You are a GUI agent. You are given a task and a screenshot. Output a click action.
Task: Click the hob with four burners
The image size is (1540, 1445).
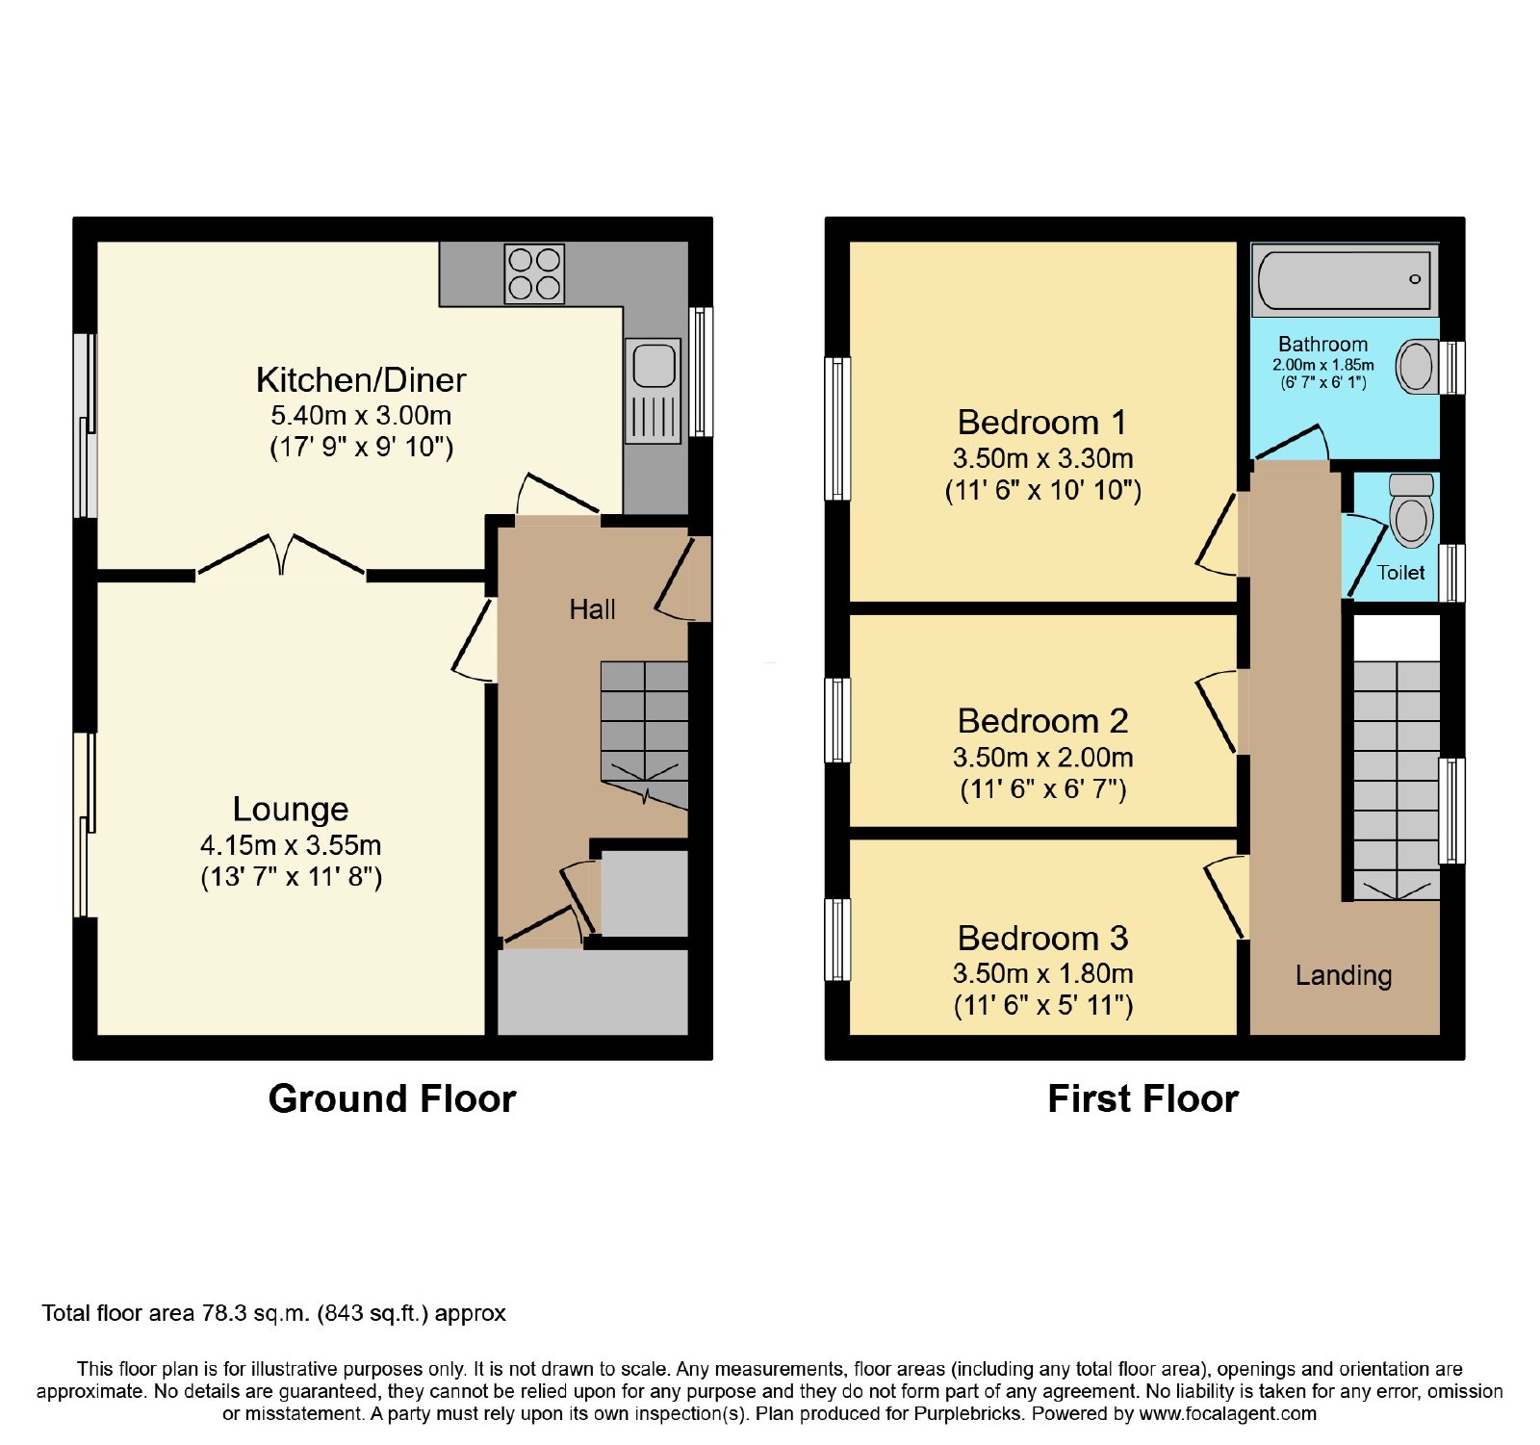pyautogui.click(x=534, y=273)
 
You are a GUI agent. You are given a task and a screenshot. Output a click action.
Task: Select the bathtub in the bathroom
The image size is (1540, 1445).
pyautogui.click(x=1345, y=279)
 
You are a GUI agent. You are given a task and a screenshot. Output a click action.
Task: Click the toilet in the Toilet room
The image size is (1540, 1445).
pyautogui.click(x=1412, y=510)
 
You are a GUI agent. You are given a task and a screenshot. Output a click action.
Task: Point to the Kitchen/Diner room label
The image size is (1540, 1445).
pyautogui.click(x=361, y=380)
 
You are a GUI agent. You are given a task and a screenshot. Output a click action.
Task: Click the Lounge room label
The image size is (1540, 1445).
pyautogui.click(x=291, y=810)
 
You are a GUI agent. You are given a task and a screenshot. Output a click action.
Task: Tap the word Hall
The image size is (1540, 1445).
pyautogui.click(x=592, y=609)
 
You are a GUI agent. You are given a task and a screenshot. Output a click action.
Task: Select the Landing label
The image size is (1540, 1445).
pyautogui.click(x=1344, y=976)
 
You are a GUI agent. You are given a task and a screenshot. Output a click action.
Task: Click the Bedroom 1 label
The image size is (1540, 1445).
pyautogui.click(x=1042, y=423)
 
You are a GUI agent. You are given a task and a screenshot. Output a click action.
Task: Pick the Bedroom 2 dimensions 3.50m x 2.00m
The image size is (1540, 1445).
pyautogui.click(x=1043, y=758)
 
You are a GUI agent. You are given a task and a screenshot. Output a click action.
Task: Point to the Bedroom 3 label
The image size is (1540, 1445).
pyautogui.click(x=1043, y=938)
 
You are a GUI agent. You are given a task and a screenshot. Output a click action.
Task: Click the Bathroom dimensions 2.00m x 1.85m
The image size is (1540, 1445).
pyautogui.click(x=1323, y=365)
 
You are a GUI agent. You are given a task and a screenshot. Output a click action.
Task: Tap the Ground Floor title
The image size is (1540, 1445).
pyautogui.click(x=392, y=1098)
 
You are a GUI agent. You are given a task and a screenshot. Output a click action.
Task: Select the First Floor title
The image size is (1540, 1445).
pyautogui.click(x=1142, y=1098)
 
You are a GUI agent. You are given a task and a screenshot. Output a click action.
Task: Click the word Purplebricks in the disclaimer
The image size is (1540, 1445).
pyautogui.click(x=973, y=1414)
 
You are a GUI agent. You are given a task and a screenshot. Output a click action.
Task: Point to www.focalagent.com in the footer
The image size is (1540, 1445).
pyautogui.click(x=1228, y=1414)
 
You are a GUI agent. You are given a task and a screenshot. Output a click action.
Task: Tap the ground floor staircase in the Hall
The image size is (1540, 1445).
pyautogui.click(x=644, y=734)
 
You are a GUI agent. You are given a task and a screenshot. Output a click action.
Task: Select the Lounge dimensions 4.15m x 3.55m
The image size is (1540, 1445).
pyautogui.click(x=291, y=845)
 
